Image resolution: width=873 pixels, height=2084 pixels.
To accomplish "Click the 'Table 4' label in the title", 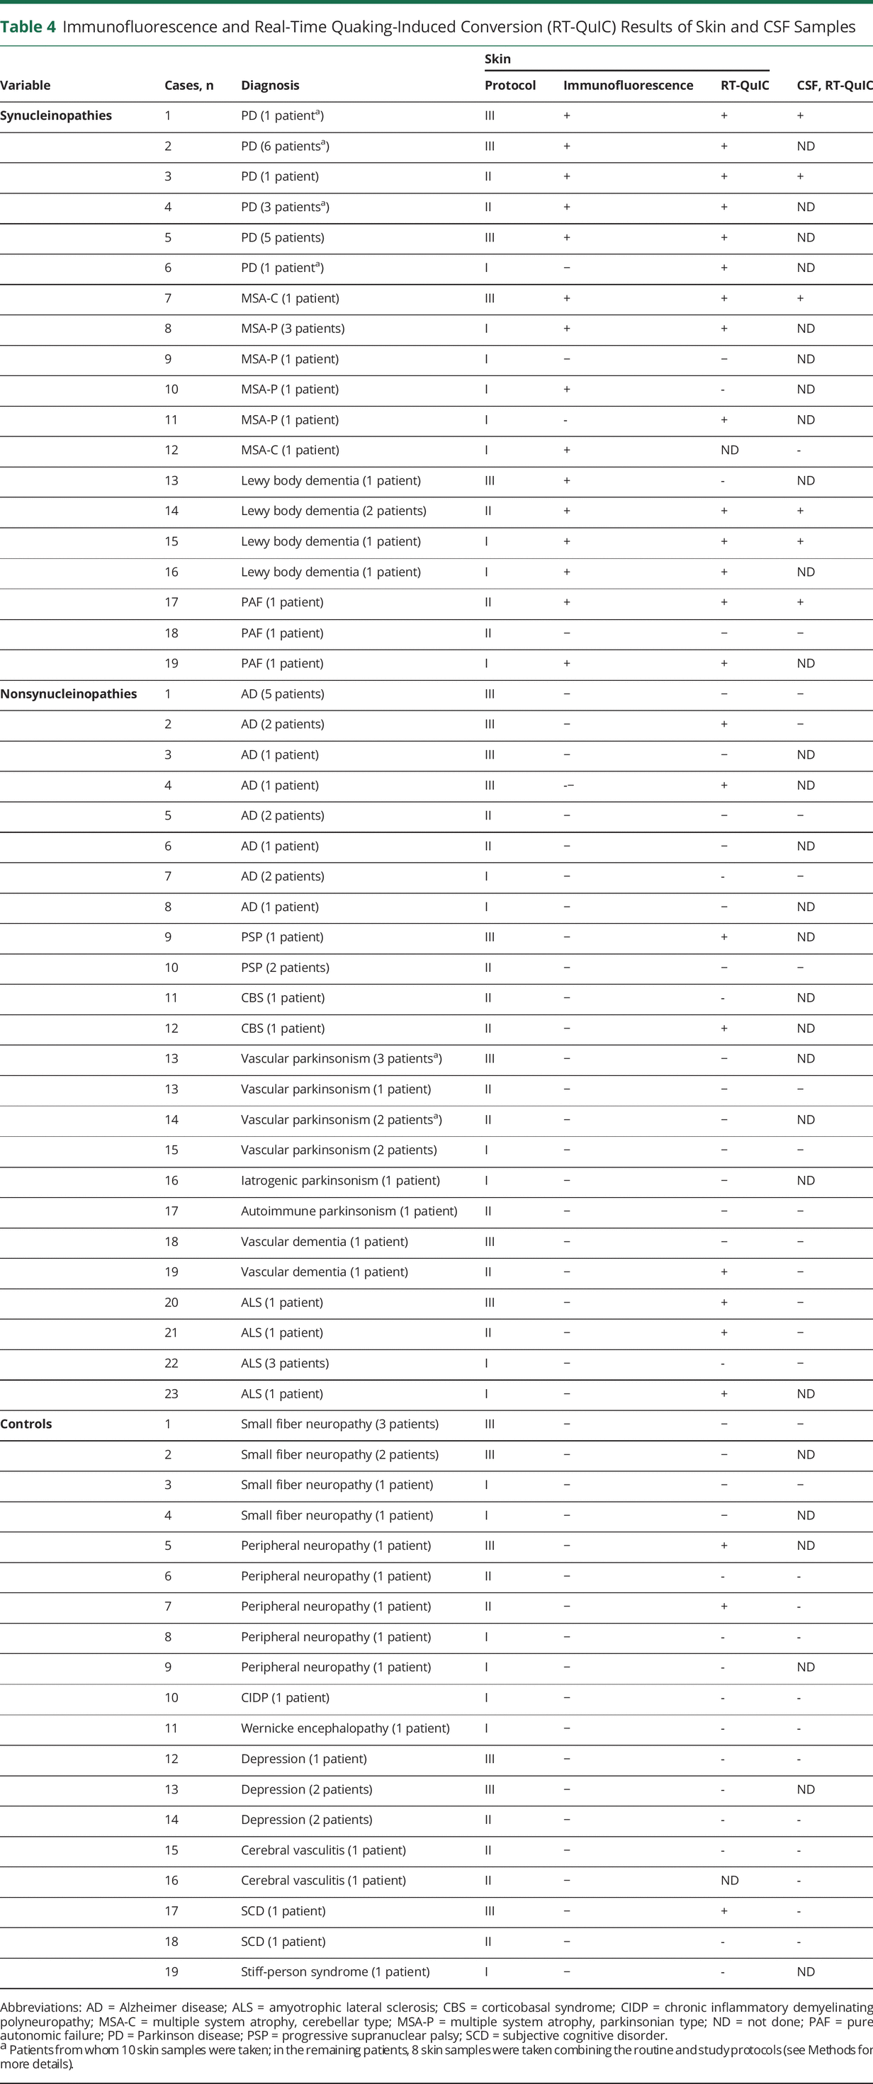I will tap(28, 27).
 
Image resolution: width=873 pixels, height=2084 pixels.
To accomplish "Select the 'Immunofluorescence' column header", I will tap(628, 85).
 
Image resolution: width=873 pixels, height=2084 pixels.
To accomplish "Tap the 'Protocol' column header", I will tap(509, 85).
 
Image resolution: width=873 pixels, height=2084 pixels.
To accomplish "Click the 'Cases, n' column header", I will tap(188, 85).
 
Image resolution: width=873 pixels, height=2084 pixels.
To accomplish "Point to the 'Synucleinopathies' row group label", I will tap(56, 115).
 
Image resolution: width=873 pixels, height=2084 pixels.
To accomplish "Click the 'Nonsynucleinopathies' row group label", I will tap(68, 693).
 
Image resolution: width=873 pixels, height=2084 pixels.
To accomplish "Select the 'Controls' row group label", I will tap(26, 1424).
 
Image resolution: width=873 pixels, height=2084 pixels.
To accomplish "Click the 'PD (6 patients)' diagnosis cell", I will tap(285, 146).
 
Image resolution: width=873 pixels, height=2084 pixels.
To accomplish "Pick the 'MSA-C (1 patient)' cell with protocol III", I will tap(290, 298).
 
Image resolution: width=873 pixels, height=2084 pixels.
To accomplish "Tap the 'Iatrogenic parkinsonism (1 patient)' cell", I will tap(340, 1180).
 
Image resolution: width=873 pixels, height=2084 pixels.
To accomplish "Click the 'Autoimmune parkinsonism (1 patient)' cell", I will tap(349, 1211).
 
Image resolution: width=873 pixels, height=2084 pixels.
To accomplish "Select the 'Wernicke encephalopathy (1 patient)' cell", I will tap(344, 1728).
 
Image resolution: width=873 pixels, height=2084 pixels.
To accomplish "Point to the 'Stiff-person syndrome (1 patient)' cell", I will tap(335, 1971).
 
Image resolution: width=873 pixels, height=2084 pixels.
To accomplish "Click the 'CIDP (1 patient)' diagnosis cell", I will tap(285, 1697).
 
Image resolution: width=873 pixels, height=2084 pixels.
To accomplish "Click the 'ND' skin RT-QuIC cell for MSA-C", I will tap(729, 450).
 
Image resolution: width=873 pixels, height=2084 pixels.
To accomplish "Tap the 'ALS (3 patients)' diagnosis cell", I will tap(285, 1363).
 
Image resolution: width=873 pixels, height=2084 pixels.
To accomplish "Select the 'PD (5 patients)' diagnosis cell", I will tap(282, 237).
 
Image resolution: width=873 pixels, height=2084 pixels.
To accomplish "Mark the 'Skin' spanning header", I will tap(497, 59).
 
